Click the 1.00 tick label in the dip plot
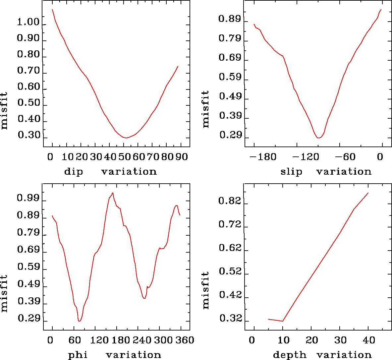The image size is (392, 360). pos(28,23)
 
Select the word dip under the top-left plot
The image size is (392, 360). pos(74,172)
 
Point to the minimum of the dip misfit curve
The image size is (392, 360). pos(126,138)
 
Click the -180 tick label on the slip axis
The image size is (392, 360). pos(261,156)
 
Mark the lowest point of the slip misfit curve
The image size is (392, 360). pos(318,138)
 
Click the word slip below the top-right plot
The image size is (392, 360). pos(291,172)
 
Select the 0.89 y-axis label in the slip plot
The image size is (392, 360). pos(230,19)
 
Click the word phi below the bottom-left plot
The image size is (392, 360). pos(78,355)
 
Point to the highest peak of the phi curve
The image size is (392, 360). pos(113,193)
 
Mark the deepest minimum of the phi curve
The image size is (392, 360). pos(79,321)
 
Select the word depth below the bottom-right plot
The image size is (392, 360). pos(290,355)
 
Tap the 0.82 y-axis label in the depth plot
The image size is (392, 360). pos(230,201)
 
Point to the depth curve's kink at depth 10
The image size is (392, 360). pos(283,321)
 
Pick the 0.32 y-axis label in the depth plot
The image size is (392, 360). pos(230,319)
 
